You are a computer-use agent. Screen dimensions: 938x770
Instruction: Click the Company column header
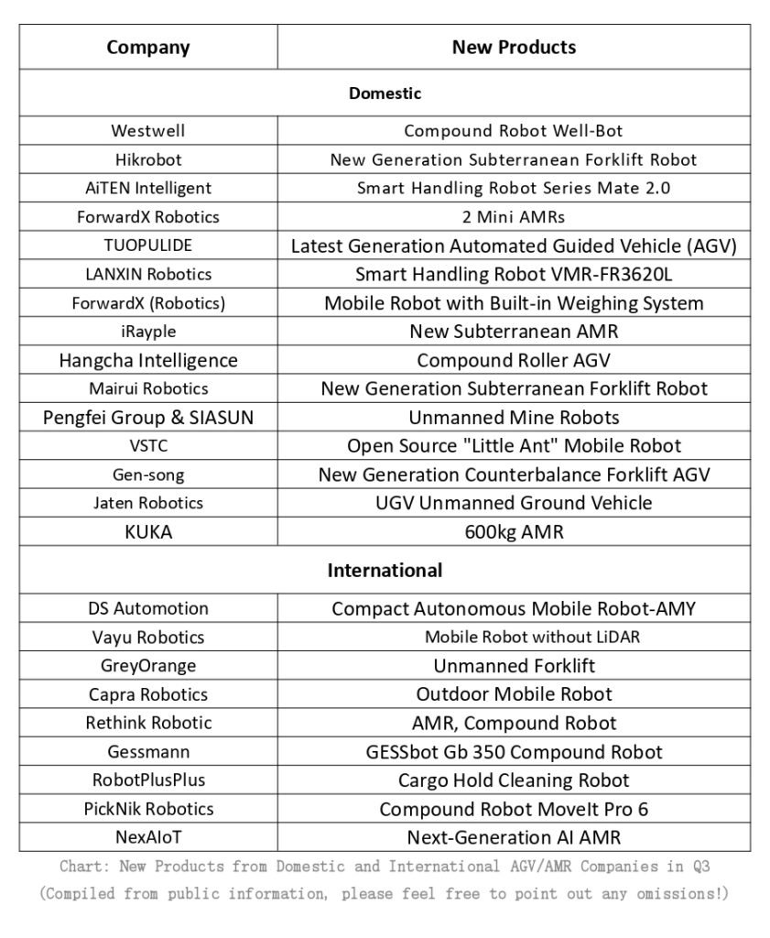click(148, 47)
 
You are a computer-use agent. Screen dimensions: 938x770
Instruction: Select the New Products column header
click(514, 47)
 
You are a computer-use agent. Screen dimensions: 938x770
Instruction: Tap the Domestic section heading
click(385, 93)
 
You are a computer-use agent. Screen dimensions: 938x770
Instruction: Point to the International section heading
click(385, 571)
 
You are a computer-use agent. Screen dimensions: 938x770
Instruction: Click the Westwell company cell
click(148, 131)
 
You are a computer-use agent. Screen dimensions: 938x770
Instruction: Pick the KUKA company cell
click(148, 531)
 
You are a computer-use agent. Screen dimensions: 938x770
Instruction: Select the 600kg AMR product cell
click(514, 531)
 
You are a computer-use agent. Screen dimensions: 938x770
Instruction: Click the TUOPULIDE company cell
click(148, 245)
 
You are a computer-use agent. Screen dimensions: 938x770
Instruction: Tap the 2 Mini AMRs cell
click(514, 217)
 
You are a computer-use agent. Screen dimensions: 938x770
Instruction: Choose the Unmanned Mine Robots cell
click(514, 418)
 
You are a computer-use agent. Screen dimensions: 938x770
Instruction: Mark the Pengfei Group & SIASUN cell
click(148, 418)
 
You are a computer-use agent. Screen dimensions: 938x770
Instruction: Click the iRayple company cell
click(148, 332)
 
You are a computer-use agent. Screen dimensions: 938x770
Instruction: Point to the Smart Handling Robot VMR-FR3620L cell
click(514, 274)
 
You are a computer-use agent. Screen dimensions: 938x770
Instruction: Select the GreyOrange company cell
click(148, 666)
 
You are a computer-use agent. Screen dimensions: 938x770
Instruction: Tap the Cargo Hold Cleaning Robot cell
click(514, 780)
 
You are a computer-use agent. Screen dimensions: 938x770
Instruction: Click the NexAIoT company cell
click(148, 837)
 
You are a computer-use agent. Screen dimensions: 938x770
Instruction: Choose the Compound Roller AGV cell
click(514, 360)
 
